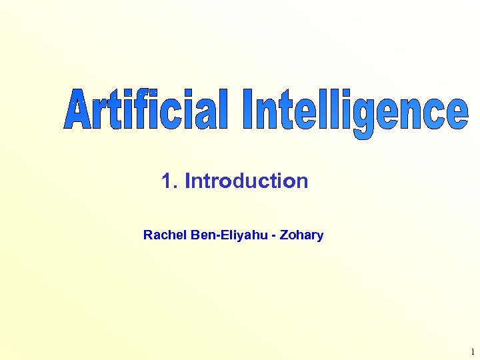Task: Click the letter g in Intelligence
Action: coord(363,119)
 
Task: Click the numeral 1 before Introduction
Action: coord(167,181)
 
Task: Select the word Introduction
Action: coord(246,181)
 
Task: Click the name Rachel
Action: coord(161,235)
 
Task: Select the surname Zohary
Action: coord(304,235)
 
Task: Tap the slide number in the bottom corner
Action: coord(473,351)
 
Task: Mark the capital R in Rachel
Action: coord(147,235)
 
